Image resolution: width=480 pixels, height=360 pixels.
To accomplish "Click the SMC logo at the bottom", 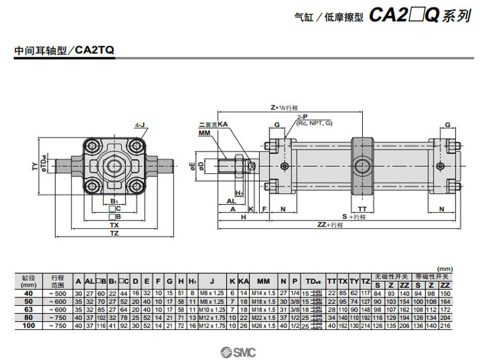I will coord(239,350).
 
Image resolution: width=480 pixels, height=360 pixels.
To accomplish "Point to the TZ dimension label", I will coord(115,234).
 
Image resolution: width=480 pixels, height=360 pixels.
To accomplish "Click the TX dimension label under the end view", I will coord(115,225).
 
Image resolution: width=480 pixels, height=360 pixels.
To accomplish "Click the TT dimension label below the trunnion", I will coord(362,209).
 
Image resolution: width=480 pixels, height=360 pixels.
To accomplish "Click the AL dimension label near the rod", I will coord(230,200).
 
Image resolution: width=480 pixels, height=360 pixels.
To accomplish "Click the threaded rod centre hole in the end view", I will coord(115,166).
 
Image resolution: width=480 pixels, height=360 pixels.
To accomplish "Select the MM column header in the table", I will coord(263,281).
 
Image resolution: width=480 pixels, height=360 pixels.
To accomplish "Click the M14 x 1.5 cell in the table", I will coord(263,293).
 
